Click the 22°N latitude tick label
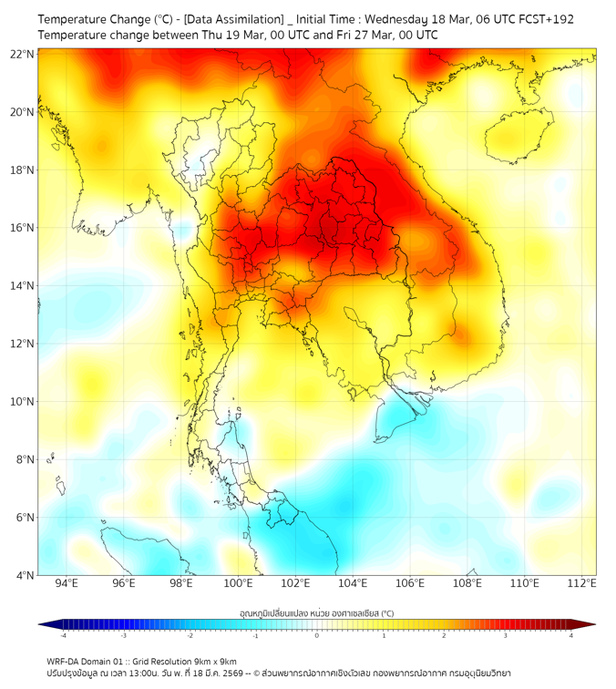pos(23,55)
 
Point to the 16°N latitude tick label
pos(23,228)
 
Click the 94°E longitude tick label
pos(67,584)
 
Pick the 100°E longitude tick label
pos(238,584)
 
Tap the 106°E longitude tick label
pos(410,584)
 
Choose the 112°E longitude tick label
pos(582,584)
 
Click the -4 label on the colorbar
pos(63,635)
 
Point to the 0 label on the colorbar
pos(316,635)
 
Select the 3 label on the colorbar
pos(507,635)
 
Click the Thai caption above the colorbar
pos(316,613)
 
